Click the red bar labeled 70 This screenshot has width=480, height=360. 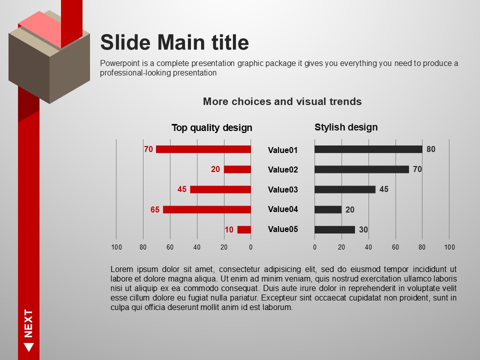click(203, 149)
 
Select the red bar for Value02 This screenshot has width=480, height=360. click(237, 169)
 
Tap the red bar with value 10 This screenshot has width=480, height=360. click(244, 229)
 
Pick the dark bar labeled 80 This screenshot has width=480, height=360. click(368, 149)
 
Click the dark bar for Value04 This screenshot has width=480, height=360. click(328, 209)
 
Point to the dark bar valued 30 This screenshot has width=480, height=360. click(334, 229)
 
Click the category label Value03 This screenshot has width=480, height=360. click(283, 189)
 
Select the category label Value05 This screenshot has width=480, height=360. click(283, 229)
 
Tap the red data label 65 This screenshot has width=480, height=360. click(155, 209)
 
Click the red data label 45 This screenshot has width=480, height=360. click(182, 189)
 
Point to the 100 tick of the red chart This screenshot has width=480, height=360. click(116, 247)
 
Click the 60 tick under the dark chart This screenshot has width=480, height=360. click(395, 247)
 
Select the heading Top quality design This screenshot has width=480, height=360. click(212, 127)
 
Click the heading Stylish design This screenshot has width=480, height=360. click(346, 127)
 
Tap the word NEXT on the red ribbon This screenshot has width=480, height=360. click(28, 323)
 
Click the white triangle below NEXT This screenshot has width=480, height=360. click(29, 347)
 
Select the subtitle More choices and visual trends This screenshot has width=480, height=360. click(282, 101)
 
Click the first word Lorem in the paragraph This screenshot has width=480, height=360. click(121, 269)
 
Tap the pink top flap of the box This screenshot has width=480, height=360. click(40, 29)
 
